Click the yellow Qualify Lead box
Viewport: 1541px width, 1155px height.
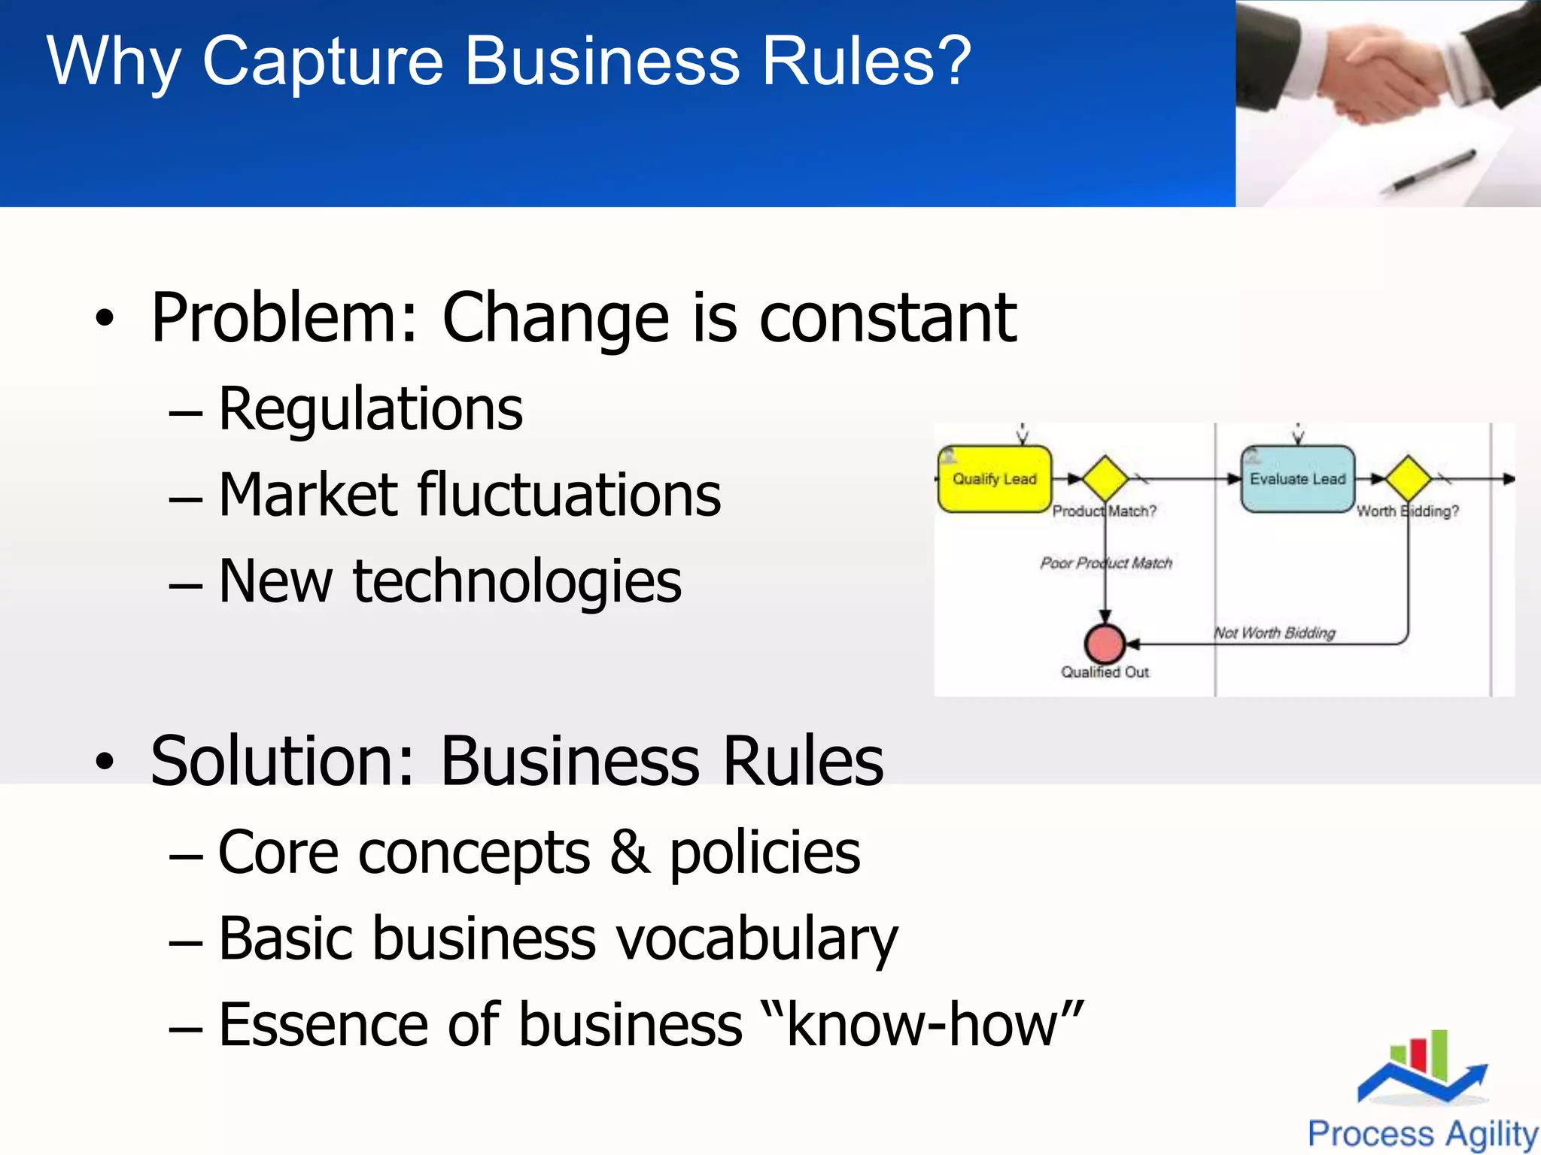(994, 479)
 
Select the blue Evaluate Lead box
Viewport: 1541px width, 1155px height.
(1297, 479)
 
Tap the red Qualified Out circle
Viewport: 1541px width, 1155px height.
(1105, 644)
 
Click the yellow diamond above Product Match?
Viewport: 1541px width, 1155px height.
(1105, 478)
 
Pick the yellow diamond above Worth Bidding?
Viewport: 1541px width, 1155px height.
(1408, 478)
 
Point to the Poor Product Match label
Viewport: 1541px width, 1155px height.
(1106, 563)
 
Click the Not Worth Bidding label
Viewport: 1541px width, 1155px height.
(1275, 633)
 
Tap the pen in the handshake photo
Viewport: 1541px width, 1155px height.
(1434, 170)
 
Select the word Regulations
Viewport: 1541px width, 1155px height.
(370, 410)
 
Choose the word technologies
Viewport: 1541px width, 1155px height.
(517, 582)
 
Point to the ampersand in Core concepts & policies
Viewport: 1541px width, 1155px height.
(630, 853)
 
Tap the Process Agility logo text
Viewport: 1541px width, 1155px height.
(1422, 1133)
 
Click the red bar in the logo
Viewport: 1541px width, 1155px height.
(1418, 1055)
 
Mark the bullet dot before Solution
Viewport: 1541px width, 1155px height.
(105, 762)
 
